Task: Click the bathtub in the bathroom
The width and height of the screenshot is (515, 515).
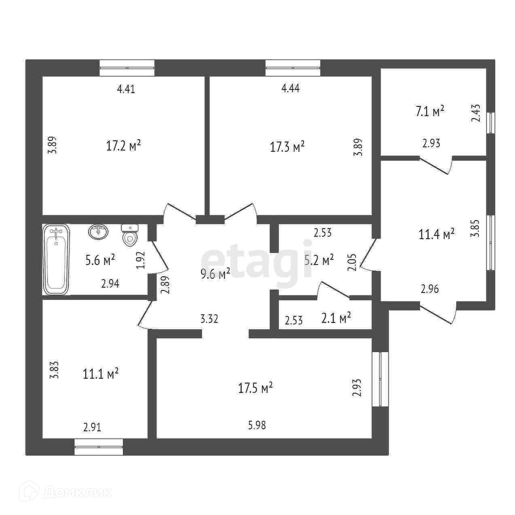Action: (56, 260)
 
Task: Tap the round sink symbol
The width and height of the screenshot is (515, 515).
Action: (98, 232)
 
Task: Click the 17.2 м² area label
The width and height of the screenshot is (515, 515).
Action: (123, 146)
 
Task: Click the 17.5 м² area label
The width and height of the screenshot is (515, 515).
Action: (256, 388)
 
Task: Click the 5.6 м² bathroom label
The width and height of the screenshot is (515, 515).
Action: (100, 260)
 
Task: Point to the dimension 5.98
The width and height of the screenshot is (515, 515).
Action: (257, 425)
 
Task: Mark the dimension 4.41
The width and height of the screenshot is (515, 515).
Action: (126, 89)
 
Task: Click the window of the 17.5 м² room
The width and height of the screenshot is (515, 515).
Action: (380, 379)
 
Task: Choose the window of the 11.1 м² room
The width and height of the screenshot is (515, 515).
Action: (99, 447)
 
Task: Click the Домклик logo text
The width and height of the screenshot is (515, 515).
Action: (77, 492)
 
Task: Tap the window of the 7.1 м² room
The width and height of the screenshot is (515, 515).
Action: (491, 123)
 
